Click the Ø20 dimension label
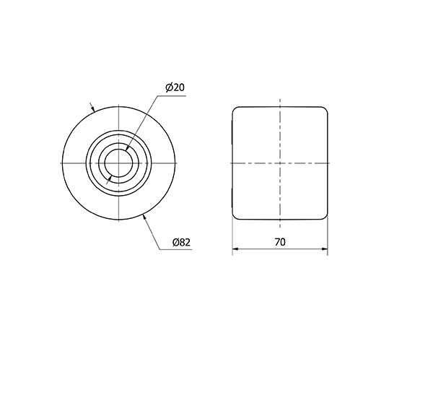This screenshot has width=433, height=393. click(177, 87)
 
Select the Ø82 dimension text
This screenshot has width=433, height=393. click(181, 243)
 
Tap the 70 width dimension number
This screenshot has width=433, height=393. click(280, 243)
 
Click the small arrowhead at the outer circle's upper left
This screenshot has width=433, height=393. click(93, 109)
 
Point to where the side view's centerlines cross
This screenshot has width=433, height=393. click(280, 164)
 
